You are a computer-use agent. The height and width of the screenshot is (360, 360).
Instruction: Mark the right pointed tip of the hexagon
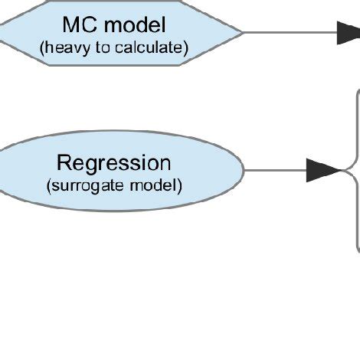243,32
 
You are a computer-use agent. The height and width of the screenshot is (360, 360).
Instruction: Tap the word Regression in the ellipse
114,162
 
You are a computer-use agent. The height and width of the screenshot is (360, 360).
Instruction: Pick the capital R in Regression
64,162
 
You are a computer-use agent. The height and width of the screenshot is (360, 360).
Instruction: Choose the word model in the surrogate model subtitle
157,185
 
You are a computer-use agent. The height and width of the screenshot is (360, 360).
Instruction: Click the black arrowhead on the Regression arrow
322,171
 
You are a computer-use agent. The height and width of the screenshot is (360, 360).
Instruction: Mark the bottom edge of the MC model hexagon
115,65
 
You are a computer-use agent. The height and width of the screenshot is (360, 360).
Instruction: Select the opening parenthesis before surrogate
48,185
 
